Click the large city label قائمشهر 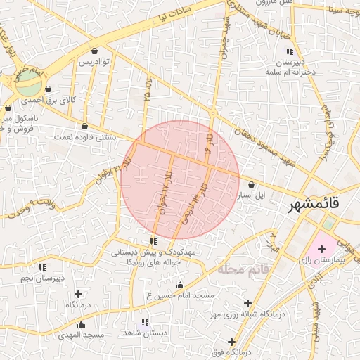pyautogui.click(x=314, y=205)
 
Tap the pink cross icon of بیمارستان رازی pyautogui.click(x=322, y=249)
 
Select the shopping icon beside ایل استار pyautogui.click(x=252, y=185)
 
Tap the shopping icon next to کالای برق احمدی pyautogui.click(x=48, y=89)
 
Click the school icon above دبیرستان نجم pyautogui.click(x=42, y=267)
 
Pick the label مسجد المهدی pyautogui.click(x=82, y=335)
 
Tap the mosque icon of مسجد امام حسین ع pyautogui.click(x=180, y=285)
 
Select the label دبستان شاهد pyautogui.click(x=145, y=333)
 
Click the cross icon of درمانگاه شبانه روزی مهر pyautogui.click(x=247, y=304)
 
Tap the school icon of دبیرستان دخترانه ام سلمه pyautogui.click(x=289, y=51)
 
